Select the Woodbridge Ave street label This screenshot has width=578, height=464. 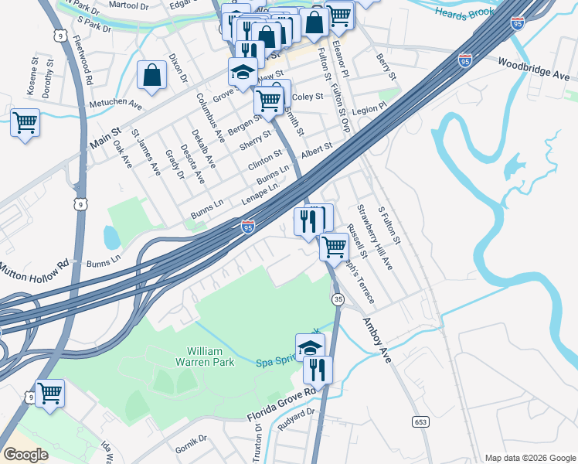(x=534, y=68)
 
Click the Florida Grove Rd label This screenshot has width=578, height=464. (x=282, y=404)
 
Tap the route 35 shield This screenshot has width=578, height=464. (x=338, y=299)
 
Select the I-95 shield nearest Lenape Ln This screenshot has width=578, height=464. (x=247, y=227)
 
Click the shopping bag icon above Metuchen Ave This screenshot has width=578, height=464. (x=152, y=75)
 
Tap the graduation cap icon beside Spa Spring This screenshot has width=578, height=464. (x=310, y=347)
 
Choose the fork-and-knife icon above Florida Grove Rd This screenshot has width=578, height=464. (x=317, y=370)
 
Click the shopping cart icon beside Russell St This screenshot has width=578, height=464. (x=334, y=247)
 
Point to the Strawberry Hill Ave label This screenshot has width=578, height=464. (x=374, y=237)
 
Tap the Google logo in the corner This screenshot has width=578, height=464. (x=25, y=455)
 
